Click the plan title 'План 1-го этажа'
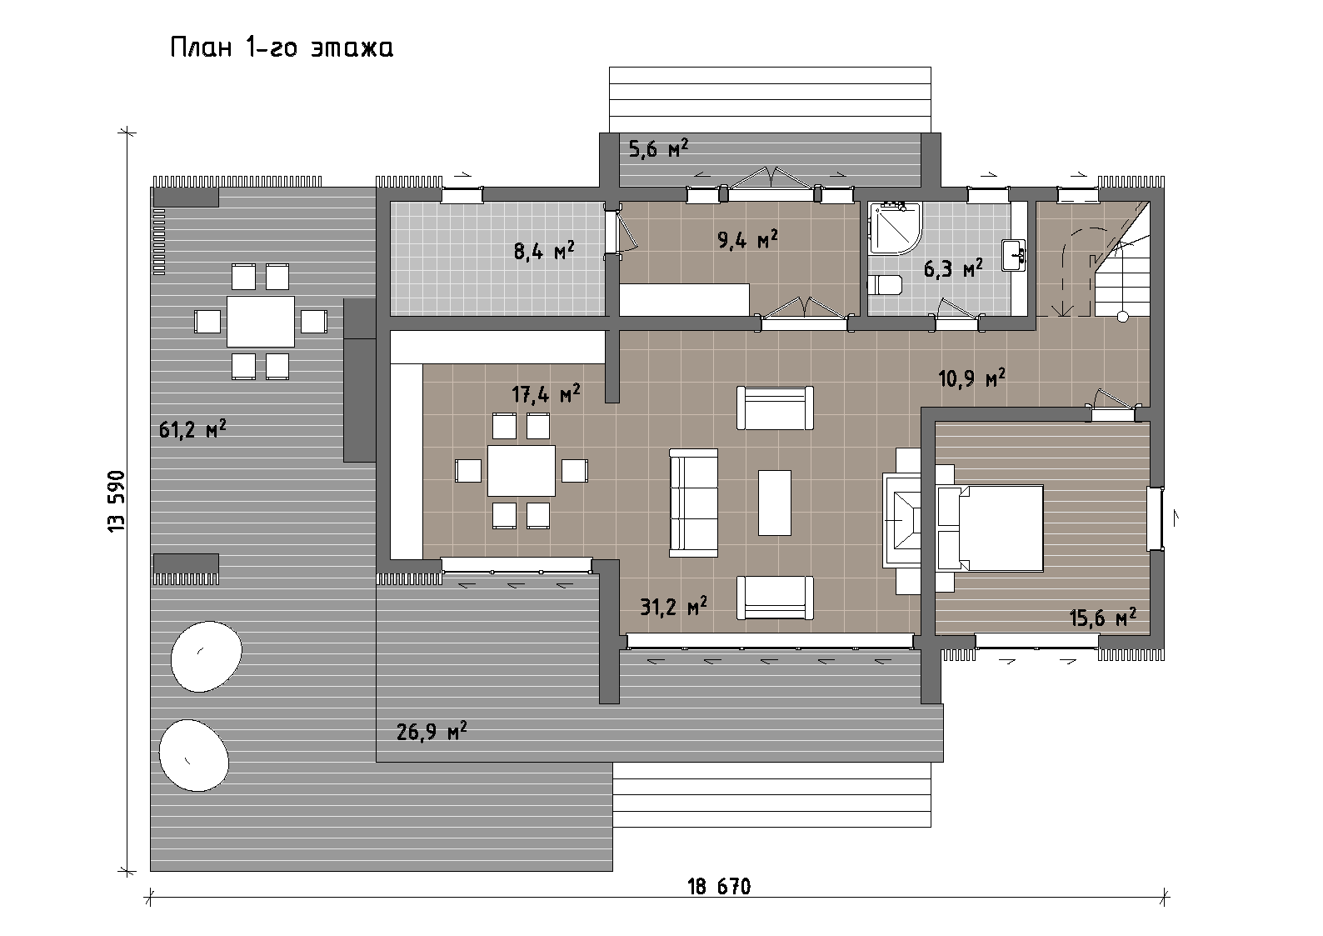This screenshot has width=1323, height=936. point(282,48)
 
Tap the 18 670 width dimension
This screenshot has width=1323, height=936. point(719,887)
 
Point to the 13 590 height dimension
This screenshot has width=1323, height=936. point(117,501)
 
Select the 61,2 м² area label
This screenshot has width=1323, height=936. point(192,428)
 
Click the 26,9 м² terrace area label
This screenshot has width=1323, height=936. point(432,732)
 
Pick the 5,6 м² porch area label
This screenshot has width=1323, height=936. point(658,148)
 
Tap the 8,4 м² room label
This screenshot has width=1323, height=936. point(544,251)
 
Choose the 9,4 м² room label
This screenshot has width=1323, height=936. point(747,239)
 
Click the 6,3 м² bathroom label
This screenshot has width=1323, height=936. point(953,269)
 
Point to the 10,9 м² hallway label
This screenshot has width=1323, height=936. point(971,378)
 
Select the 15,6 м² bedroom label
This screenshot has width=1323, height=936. point(1103,618)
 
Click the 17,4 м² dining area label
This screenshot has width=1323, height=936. point(546,393)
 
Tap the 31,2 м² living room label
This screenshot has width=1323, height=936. point(673,606)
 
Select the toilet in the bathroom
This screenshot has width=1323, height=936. point(885,285)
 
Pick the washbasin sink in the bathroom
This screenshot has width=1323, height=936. point(1014,255)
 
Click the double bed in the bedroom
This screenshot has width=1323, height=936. point(991,528)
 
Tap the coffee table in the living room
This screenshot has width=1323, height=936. point(774,503)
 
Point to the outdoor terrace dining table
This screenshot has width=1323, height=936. point(261,322)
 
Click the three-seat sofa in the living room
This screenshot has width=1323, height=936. point(693,503)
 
